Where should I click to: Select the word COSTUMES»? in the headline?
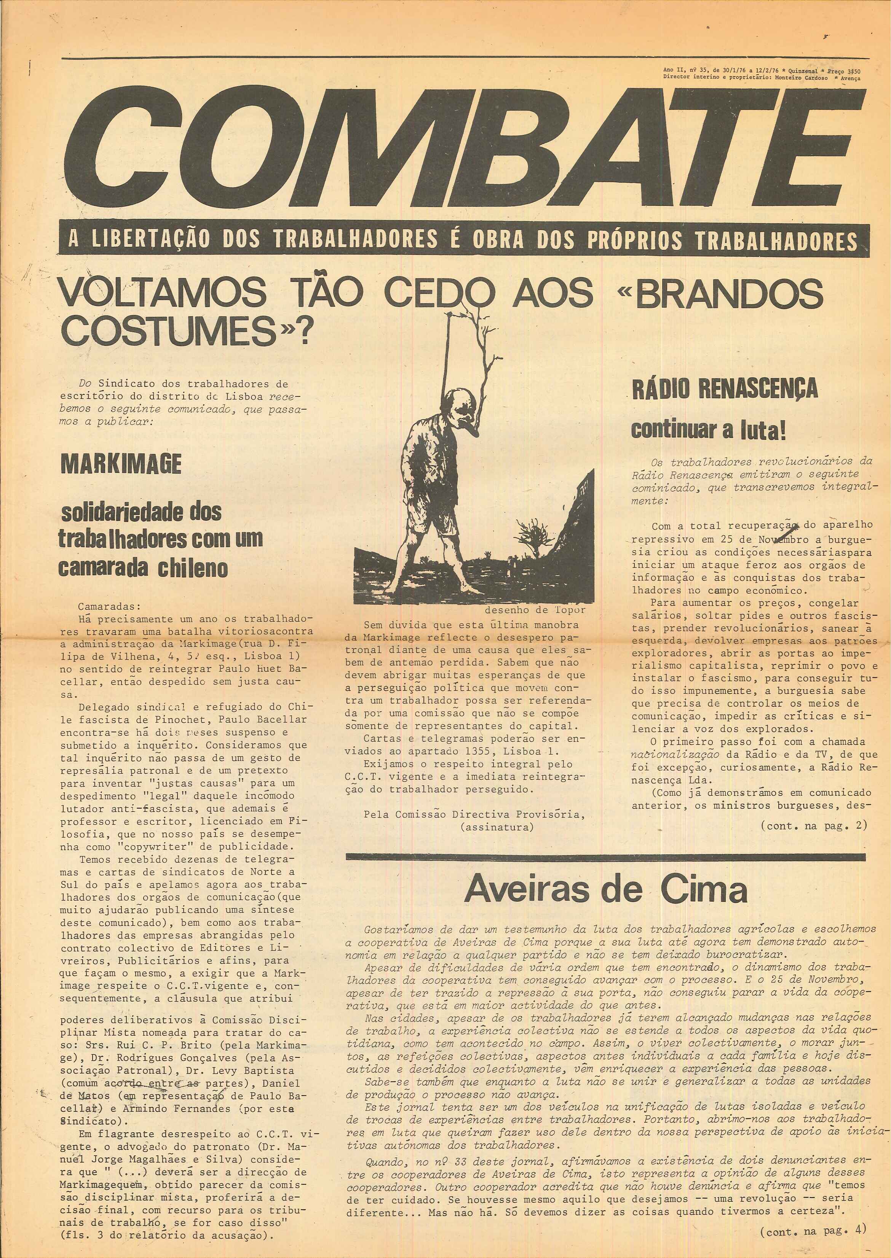pyautogui.click(x=187, y=331)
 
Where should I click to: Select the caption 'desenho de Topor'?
pyautogui.click(x=535, y=609)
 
